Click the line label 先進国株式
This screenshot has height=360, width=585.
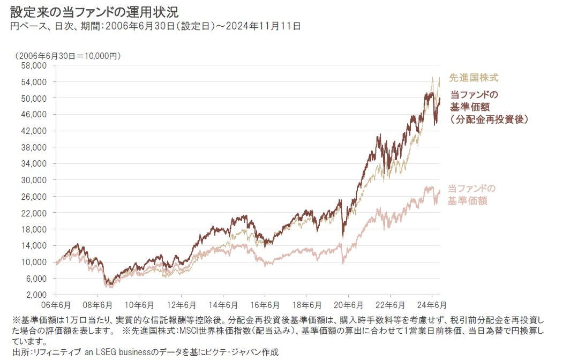point(467,78)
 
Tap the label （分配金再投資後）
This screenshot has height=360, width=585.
point(489,119)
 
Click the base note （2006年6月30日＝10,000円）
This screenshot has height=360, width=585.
point(68,55)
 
